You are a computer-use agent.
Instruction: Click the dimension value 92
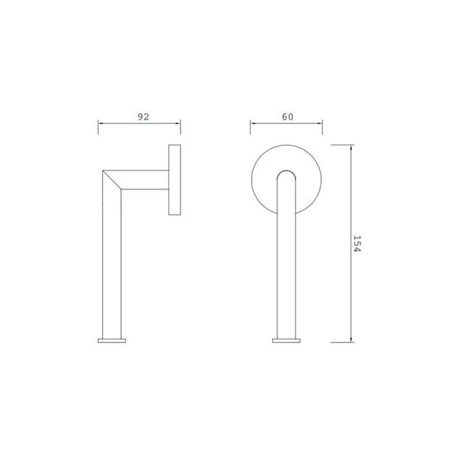(x=143, y=117)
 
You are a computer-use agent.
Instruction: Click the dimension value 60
(x=287, y=117)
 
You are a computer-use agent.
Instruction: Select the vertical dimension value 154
(x=357, y=244)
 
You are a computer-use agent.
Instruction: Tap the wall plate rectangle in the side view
(x=175, y=180)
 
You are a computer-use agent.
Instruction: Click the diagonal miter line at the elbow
(x=112, y=180)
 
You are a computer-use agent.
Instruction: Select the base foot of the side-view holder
(x=112, y=340)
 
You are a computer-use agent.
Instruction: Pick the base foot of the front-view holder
(x=287, y=340)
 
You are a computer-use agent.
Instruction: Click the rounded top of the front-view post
(x=287, y=171)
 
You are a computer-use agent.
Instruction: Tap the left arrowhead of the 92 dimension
(x=100, y=123)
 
